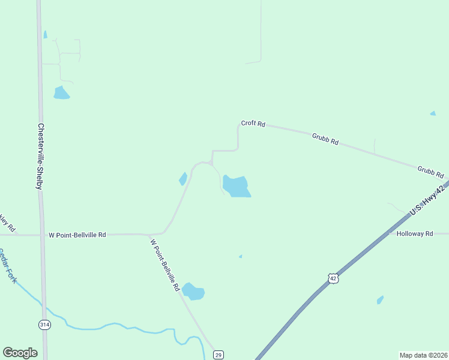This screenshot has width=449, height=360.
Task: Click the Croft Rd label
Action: click(253, 123)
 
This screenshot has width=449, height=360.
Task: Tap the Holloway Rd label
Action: click(415, 233)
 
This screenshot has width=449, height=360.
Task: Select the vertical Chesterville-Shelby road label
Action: click(40, 157)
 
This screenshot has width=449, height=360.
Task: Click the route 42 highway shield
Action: click(333, 277)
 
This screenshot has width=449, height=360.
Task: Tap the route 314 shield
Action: click(44, 324)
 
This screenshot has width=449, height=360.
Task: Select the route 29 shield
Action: click(218, 355)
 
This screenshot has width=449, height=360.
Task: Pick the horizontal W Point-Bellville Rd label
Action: click(77, 235)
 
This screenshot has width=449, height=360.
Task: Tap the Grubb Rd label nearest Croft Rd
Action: click(325, 139)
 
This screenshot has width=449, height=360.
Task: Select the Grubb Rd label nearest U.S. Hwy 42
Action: click(431, 172)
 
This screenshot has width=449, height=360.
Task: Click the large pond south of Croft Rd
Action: click(236, 186)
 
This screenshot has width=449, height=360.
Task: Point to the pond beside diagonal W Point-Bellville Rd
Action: click(193, 292)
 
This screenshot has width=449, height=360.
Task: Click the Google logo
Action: click(20, 353)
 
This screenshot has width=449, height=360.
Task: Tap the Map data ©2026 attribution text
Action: click(423, 355)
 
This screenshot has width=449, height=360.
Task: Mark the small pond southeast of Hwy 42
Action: click(379, 299)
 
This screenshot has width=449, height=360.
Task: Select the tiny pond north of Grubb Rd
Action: click(433, 113)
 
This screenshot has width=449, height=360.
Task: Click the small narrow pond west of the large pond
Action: click(183, 178)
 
